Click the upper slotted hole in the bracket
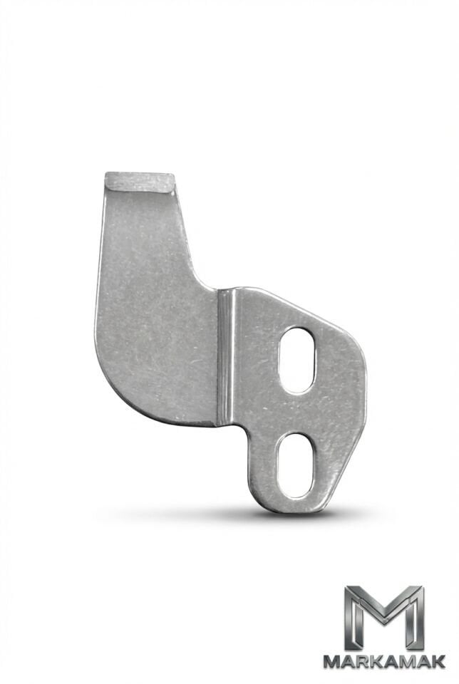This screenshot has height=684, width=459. (x=296, y=360)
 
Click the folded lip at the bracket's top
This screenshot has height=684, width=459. (x=140, y=182)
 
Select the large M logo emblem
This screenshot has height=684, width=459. (x=384, y=618)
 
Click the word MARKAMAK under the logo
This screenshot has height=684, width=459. (x=384, y=661)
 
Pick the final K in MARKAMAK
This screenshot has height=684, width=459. (x=438, y=661)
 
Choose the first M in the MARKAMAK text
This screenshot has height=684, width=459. (x=332, y=661)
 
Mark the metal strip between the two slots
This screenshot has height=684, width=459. (x=296, y=413)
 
